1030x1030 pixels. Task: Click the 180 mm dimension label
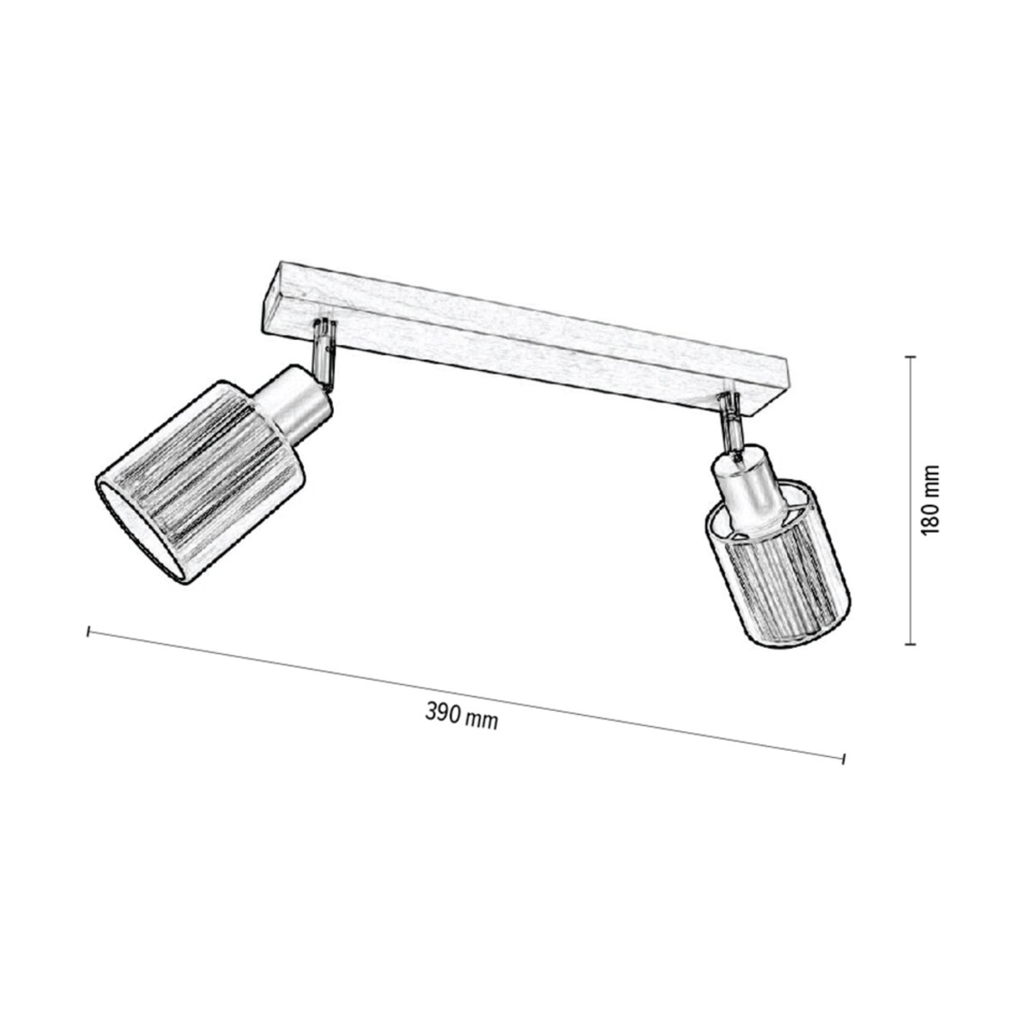930,500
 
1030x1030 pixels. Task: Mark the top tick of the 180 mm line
911,356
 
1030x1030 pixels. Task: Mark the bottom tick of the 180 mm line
911,643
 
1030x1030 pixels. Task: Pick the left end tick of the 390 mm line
88,633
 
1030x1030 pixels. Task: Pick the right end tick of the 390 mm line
845,758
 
